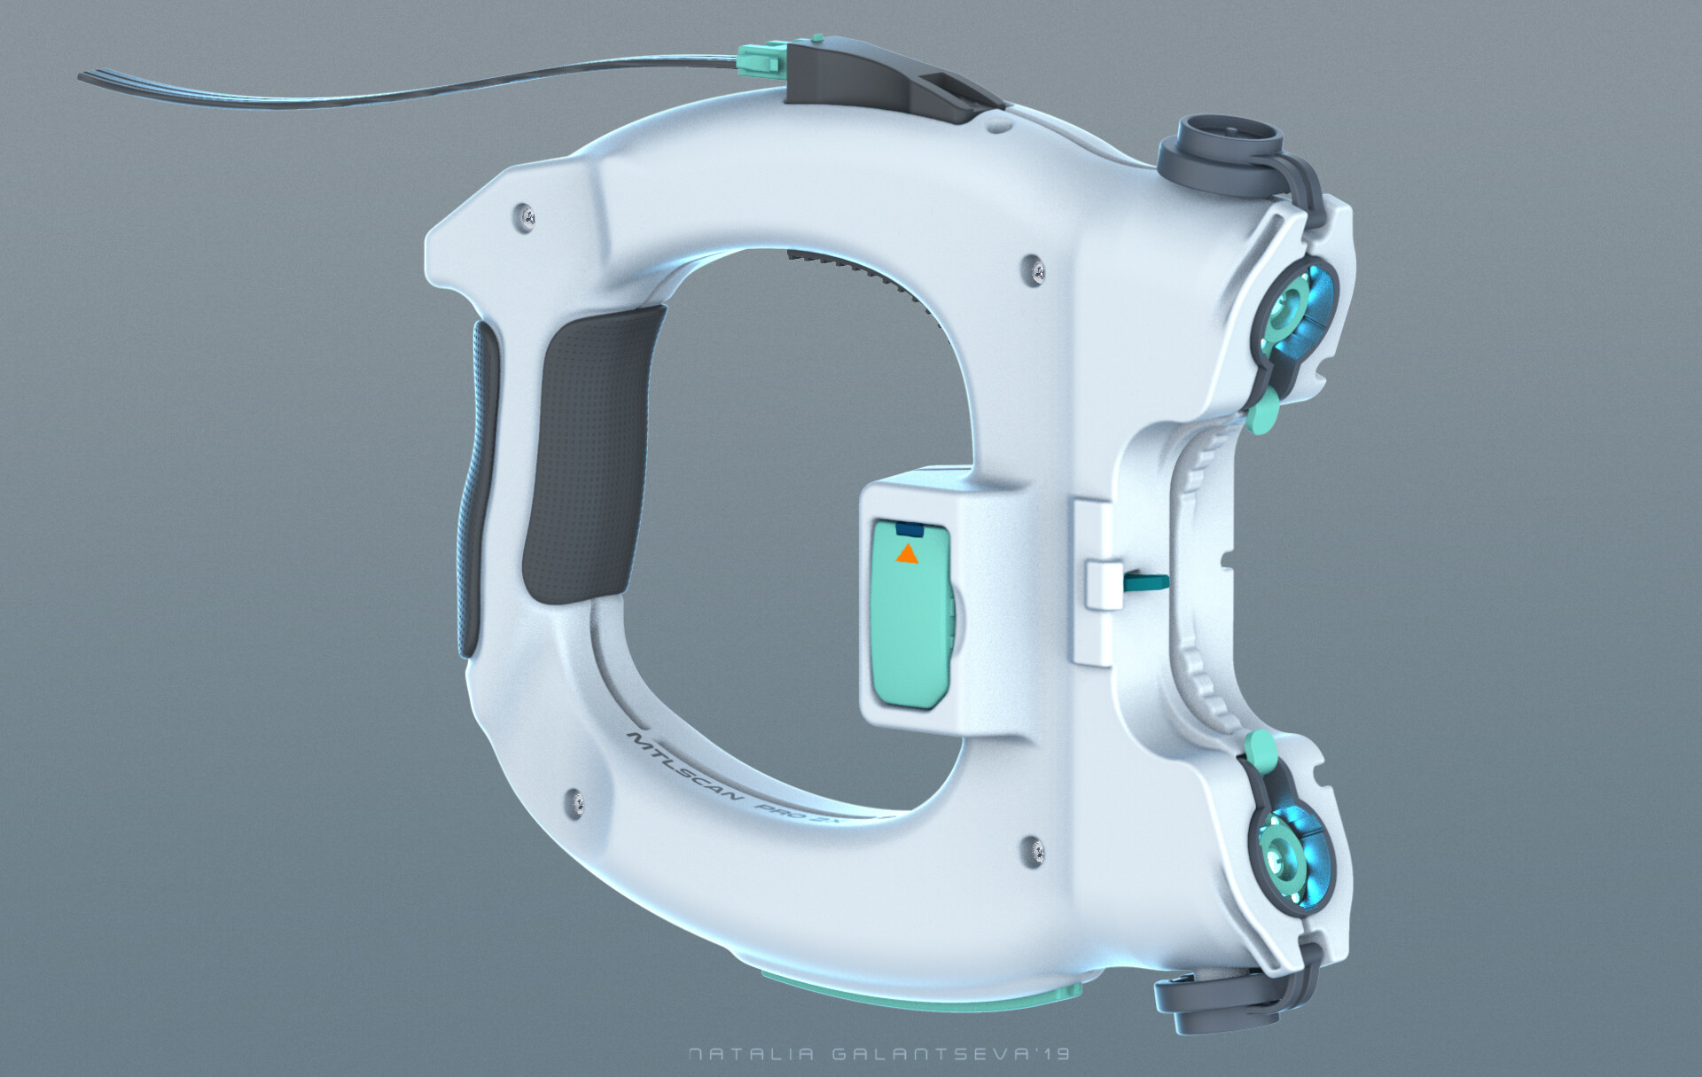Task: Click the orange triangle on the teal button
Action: [x=906, y=555]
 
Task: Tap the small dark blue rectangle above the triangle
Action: [x=909, y=530]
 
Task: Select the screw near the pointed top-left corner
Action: [x=527, y=214]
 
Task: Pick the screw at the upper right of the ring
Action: [x=1034, y=269]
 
